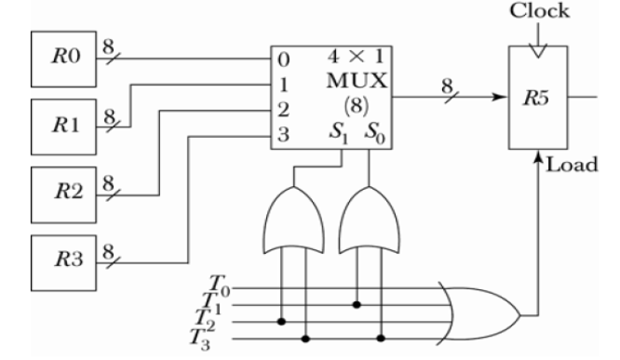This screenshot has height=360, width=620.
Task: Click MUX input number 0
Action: coord(284,60)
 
